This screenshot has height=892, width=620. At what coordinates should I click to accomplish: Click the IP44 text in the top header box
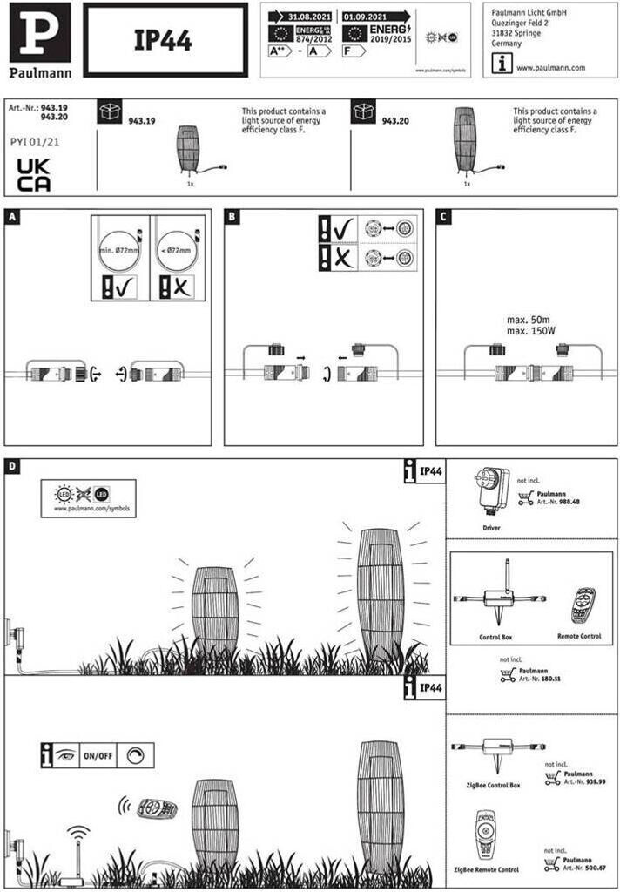coord(163,40)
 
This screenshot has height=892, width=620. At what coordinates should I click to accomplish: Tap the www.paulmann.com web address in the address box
coord(550,67)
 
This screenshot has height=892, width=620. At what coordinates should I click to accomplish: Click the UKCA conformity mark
coord(34,175)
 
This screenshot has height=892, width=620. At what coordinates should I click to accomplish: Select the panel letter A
coord(10,216)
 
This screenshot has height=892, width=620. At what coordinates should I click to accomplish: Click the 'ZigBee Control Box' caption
coord(493,785)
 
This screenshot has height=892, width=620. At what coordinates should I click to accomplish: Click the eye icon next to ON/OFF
coord(64,754)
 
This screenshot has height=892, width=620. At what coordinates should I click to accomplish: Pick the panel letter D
coord(10,466)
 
